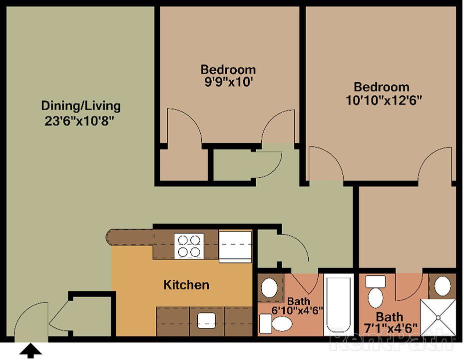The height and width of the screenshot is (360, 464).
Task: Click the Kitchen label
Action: point(186,285)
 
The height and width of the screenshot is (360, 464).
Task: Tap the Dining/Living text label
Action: point(80,106)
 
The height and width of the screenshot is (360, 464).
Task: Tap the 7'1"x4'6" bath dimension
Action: point(390,329)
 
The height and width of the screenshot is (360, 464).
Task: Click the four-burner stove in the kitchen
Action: point(189,245)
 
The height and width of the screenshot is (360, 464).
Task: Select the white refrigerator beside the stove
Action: point(235,246)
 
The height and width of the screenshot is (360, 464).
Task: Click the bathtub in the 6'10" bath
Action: point(338,304)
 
